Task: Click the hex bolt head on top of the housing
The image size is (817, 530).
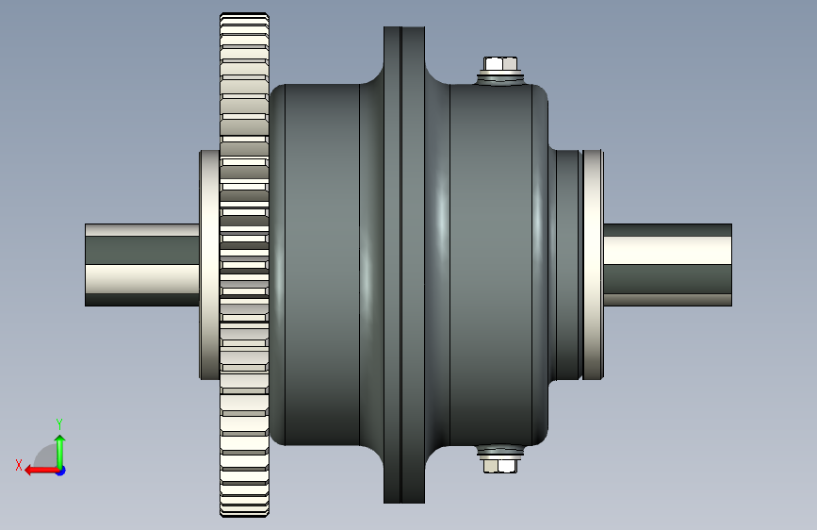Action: (x=500, y=64)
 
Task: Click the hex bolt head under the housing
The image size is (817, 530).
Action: (x=500, y=465)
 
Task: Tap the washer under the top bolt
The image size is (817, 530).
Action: (x=500, y=78)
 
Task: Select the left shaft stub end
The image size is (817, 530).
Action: (x=86, y=265)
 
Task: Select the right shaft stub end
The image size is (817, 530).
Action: (x=731, y=265)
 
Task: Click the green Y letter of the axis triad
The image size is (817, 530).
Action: (x=59, y=423)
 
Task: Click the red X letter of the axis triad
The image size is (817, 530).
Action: (x=19, y=465)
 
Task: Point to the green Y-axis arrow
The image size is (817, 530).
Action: (x=60, y=452)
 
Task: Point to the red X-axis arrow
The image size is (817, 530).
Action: (x=42, y=471)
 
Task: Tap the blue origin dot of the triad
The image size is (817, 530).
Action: (x=61, y=471)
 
